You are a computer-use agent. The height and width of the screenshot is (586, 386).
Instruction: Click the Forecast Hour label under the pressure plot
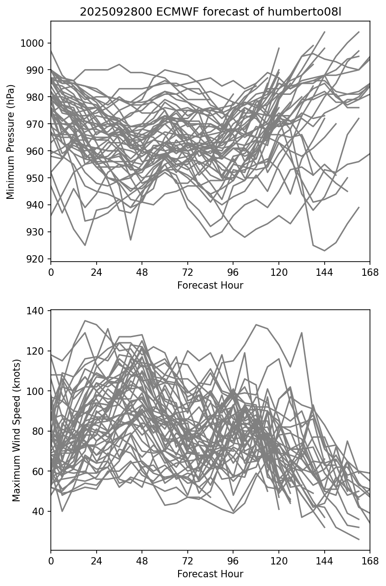(210, 285)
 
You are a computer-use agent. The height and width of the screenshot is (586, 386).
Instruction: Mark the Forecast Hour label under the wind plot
(210, 574)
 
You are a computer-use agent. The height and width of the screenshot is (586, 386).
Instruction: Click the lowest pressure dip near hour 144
(324, 251)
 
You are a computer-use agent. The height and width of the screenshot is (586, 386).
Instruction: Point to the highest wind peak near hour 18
(85, 320)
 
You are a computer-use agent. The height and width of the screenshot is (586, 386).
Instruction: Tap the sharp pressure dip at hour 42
(130, 240)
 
